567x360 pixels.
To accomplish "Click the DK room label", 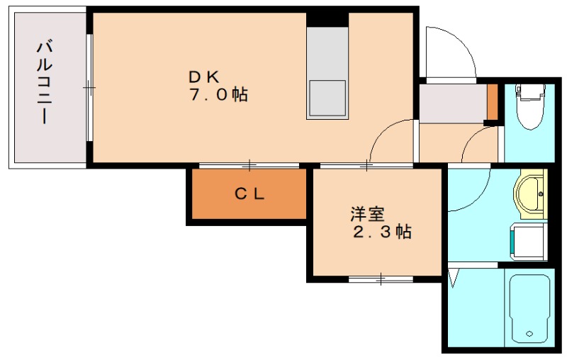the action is (x=204, y=77).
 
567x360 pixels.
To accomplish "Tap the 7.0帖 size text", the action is (x=218, y=95).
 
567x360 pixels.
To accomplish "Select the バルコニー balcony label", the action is (x=45, y=83).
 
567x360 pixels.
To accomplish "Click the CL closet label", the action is (x=249, y=194).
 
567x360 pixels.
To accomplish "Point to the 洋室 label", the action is (x=367, y=214).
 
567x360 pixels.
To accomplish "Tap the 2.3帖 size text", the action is (x=382, y=232).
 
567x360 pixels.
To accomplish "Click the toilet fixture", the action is (x=530, y=106).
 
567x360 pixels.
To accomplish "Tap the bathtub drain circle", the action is (x=529, y=334).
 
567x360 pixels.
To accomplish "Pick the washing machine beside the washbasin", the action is (x=528, y=242).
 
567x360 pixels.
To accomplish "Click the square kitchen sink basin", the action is (x=327, y=99).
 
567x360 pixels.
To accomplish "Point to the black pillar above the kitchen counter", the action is (x=327, y=20).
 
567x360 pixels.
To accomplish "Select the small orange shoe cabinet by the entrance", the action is (x=492, y=101).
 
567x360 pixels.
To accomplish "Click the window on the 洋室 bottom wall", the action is (x=381, y=279).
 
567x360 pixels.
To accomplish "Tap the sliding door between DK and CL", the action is (x=249, y=166).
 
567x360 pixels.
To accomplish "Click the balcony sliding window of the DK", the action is (x=89, y=88).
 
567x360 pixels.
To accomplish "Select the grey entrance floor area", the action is (x=453, y=103).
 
